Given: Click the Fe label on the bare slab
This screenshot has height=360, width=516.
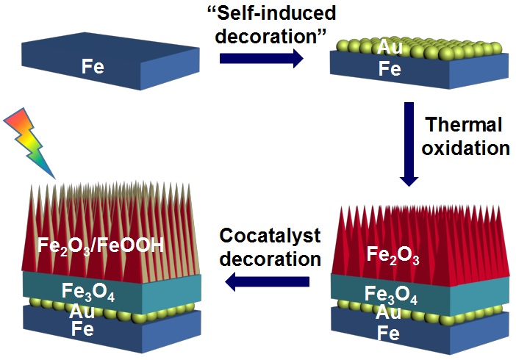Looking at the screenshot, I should click(93, 68).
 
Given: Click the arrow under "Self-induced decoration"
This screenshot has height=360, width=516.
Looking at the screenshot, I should click(261, 59).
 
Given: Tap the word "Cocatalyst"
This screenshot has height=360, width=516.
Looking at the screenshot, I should click(270, 236).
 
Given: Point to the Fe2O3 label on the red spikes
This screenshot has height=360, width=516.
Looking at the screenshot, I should click(395, 255).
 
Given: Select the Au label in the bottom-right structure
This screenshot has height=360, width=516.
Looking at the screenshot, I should click(388, 314).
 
